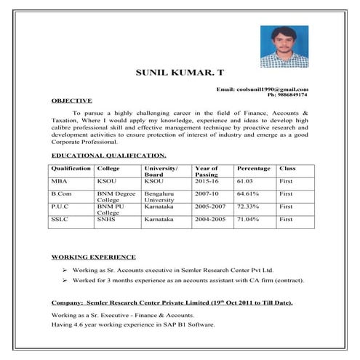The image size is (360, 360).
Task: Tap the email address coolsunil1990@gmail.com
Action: (267, 89)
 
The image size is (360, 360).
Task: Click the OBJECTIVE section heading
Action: (71, 100)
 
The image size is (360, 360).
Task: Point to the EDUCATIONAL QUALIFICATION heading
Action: (109, 156)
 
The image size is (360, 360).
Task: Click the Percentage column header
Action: (253, 168)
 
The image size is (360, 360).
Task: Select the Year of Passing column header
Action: (207, 172)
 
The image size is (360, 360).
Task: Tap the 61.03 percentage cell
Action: (246, 181)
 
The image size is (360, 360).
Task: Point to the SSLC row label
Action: (59, 219)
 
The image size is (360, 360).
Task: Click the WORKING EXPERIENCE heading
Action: (94, 257)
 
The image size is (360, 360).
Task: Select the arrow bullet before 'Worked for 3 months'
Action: (65, 280)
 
